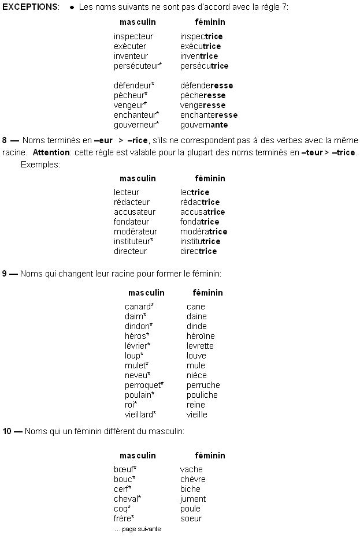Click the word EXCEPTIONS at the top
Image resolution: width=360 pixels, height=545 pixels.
click(30, 7)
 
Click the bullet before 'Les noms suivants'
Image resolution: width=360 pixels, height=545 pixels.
click(71, 8)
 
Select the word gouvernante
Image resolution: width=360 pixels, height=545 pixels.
click(204, 125)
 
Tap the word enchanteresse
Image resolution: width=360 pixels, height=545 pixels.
click(209, 115)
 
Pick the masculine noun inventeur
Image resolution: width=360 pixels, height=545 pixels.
click(131, 56)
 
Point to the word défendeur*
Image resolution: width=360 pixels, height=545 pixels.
click(134, 85)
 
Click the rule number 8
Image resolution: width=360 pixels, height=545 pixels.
click(5, 140)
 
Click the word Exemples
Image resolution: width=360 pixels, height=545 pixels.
click(40, 165)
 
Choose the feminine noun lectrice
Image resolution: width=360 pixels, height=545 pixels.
click(194, 192)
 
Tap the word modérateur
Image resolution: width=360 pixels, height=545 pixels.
click(135, 232)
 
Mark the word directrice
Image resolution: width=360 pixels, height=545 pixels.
click(198, 251)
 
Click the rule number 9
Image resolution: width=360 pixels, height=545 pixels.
click(5, 273)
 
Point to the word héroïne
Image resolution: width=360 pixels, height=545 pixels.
click(201, 336)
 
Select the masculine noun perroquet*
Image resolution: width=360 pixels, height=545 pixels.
click(144, 385)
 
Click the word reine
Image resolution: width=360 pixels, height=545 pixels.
click(196, 405)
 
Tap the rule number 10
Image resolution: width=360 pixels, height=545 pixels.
click(6, 431)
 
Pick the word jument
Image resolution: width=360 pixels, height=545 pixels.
click(192, 499)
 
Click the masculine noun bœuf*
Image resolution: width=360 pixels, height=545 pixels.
click(125, 469)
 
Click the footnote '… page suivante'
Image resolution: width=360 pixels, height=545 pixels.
click(137, 529)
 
